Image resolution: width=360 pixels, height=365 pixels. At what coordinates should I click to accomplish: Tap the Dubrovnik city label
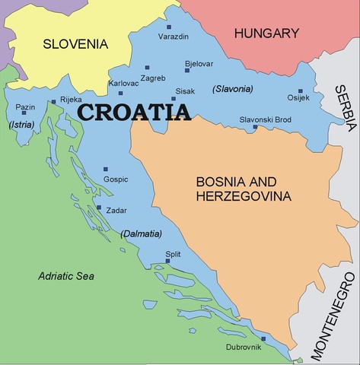[x=243, y=348]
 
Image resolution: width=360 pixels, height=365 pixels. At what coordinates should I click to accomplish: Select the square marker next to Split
[x=167, y=262]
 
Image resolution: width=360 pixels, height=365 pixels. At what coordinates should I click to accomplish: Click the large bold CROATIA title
[x=134, y=113]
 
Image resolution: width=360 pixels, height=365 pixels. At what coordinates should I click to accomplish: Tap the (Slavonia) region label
[x=234, y=89]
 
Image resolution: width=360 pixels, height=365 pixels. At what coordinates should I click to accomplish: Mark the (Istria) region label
[x=21, y=124]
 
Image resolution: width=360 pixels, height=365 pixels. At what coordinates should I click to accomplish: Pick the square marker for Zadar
[x=98, y=206]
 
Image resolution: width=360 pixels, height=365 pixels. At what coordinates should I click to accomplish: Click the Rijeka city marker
[x=53, y=101]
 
